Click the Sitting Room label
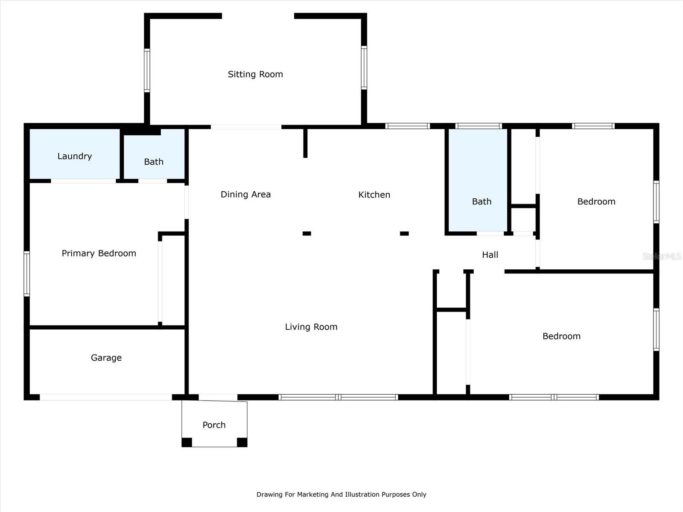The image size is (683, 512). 255,74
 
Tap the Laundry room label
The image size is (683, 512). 75,156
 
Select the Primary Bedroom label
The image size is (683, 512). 99,253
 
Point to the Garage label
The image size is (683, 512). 106,358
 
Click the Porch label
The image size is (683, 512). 214,425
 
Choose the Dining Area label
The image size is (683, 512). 245,195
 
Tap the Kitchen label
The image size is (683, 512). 374,195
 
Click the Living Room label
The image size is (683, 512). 311,327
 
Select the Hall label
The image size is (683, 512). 490,255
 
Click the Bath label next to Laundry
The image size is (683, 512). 154,162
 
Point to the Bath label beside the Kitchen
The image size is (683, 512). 482,201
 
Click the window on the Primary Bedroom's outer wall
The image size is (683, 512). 27,273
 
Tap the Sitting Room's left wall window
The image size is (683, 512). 147,70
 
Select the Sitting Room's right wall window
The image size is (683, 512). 364,68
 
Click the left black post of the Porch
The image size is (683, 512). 187,442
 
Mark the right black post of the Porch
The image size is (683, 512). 242,442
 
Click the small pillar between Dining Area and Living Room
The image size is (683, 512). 307,233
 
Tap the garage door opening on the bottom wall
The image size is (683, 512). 106,397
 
